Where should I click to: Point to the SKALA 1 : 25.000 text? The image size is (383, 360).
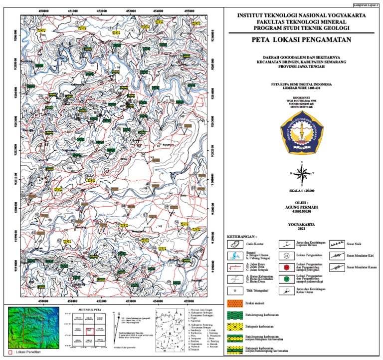(x=302, y=191)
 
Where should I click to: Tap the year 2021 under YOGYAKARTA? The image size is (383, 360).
(x=302, y=230)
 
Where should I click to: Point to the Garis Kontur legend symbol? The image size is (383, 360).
(x=235, y=244)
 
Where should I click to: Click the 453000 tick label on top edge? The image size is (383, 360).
(x=131, y=10)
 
